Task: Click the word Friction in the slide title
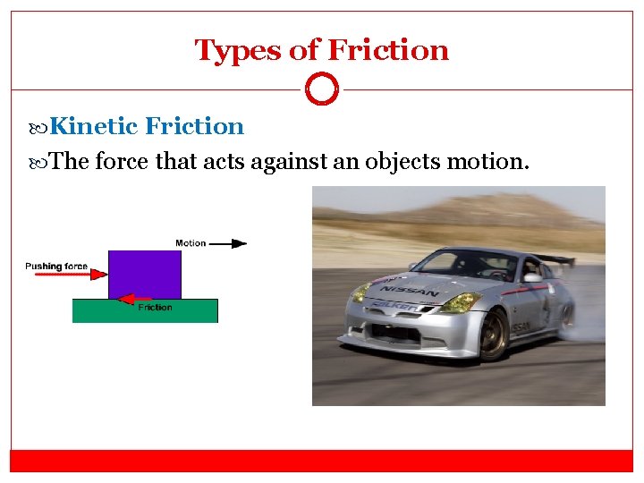click(x=389, y=50)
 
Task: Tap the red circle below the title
click(x=322, y=89)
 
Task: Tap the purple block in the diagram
click(x=144, y=273)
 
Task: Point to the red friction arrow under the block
click(x=135, y=299)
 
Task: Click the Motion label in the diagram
click(x=191, y=242)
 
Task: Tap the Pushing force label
click(x=56, y=266)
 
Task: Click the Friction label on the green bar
click(x=155, y=308)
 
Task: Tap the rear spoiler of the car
click(x=559, y=258)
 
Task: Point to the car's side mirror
click(x=532, y=277)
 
